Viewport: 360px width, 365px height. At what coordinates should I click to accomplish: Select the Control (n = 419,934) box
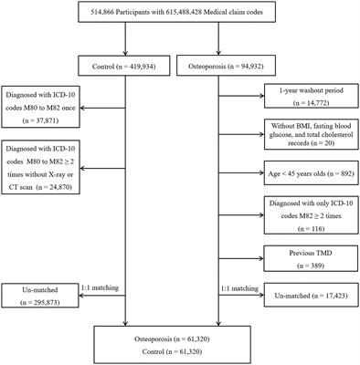[125, 67]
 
